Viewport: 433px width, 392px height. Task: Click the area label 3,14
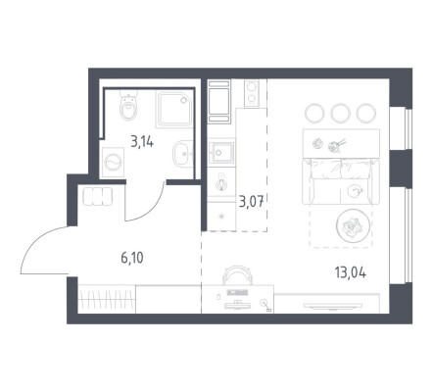point(142,142)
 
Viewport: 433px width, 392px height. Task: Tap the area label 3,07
point(251,201)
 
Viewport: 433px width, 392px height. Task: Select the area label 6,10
point(132,258)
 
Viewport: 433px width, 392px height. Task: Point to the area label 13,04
point(351,272)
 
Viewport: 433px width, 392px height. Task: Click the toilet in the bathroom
point(128,105)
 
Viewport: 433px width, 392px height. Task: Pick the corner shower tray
point(174,110)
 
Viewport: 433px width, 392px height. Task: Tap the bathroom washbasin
point(183,154)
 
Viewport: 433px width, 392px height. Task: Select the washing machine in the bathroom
point(113,163)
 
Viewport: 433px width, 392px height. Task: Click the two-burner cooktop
point(252,93)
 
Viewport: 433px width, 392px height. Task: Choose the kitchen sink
point(222,152)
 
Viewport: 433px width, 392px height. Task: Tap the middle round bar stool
point(340,113)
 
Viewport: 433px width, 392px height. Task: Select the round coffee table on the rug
point(353,225)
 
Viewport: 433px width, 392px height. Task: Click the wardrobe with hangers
point(107,299)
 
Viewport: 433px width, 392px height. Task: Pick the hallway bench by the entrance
point(98,196)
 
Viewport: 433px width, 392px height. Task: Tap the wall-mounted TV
point(333,306)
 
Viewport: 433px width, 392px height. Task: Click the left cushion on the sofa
point(326,169)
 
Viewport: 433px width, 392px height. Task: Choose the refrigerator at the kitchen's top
point(218,101)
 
